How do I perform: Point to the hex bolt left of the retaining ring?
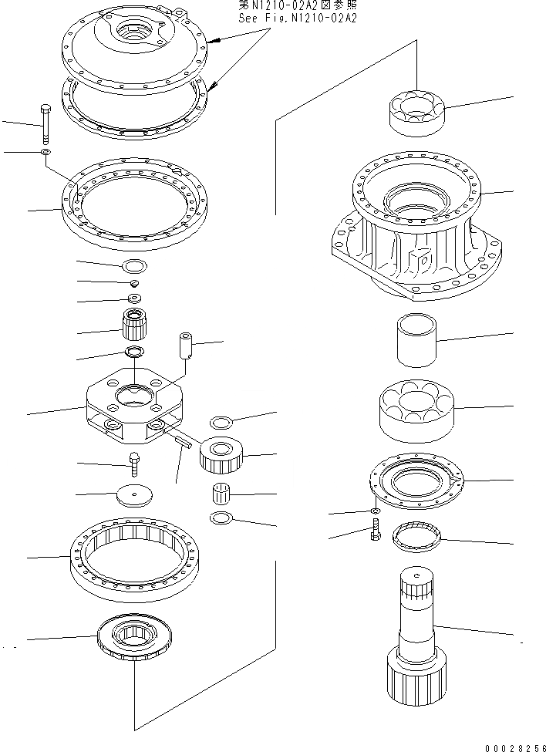[x=375, y=531]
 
